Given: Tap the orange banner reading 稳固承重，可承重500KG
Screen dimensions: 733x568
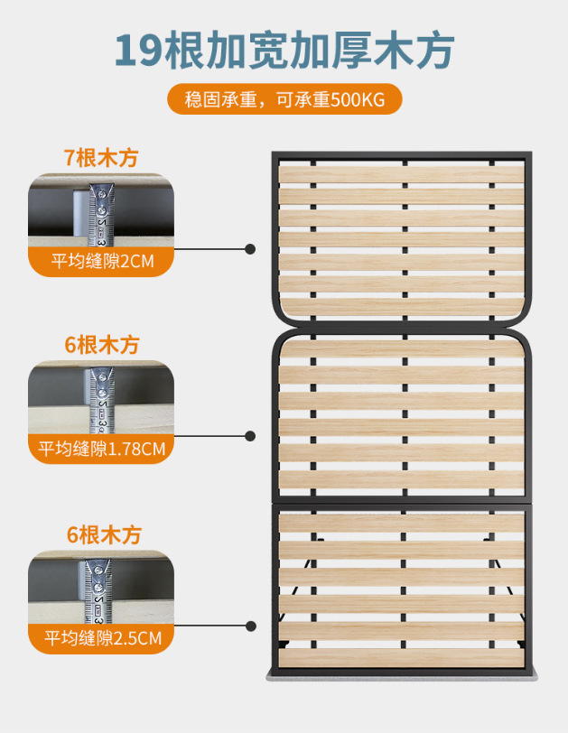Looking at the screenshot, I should (284, 99).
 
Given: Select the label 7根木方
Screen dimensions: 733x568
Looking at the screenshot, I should (101, 156).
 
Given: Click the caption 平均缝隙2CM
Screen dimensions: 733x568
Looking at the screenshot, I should (101, 262).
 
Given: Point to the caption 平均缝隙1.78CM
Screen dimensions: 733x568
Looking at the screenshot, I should (101, 449).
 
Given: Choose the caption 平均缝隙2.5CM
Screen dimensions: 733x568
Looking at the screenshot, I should (101, 638).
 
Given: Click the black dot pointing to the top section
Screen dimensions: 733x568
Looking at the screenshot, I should (250, 248).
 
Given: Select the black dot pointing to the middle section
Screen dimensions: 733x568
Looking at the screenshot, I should (250, 435).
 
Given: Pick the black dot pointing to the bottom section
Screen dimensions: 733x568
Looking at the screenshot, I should (250, 625).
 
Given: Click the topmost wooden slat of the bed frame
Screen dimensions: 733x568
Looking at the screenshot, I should (401, 172).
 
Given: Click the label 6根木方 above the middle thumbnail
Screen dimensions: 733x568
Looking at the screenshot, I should (101, 345).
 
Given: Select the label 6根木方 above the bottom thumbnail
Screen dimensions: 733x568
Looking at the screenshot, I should (101, 534).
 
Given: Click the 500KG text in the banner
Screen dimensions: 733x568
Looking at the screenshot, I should (358, 99).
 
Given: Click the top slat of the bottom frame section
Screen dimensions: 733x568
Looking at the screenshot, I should (401, 524).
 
